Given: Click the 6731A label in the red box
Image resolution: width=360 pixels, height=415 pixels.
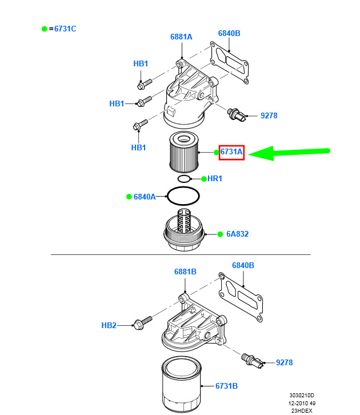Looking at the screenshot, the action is click(231, 152).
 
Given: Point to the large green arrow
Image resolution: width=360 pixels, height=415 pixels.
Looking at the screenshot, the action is click(289, 153).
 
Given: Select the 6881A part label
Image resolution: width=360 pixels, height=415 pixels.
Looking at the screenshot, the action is click(181, 37).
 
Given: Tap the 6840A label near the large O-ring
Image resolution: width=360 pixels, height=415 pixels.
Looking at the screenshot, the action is click(145, 197).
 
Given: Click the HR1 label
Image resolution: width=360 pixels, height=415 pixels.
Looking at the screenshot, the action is click(214, 179).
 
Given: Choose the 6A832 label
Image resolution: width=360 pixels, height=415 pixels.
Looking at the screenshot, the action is click(237, 234).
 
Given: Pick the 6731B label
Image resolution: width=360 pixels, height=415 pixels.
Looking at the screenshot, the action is click(226, 386).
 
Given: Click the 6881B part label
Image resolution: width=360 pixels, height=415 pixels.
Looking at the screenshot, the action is click(185, 272).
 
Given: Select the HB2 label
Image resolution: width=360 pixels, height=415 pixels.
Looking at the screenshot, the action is click(109, 326).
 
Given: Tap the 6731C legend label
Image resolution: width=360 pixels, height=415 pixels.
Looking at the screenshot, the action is click(65, 29).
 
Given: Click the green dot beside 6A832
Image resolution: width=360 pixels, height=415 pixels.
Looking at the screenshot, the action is click(220, 234).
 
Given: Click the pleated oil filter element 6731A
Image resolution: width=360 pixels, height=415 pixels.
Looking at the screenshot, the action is click(183, 153).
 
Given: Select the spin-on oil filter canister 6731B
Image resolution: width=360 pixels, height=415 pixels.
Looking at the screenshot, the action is click(182, 385).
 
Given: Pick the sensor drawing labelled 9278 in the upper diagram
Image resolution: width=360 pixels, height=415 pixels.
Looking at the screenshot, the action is click(237, 114).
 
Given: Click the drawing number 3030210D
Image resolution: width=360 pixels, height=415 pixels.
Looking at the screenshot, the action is click(302, 396).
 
